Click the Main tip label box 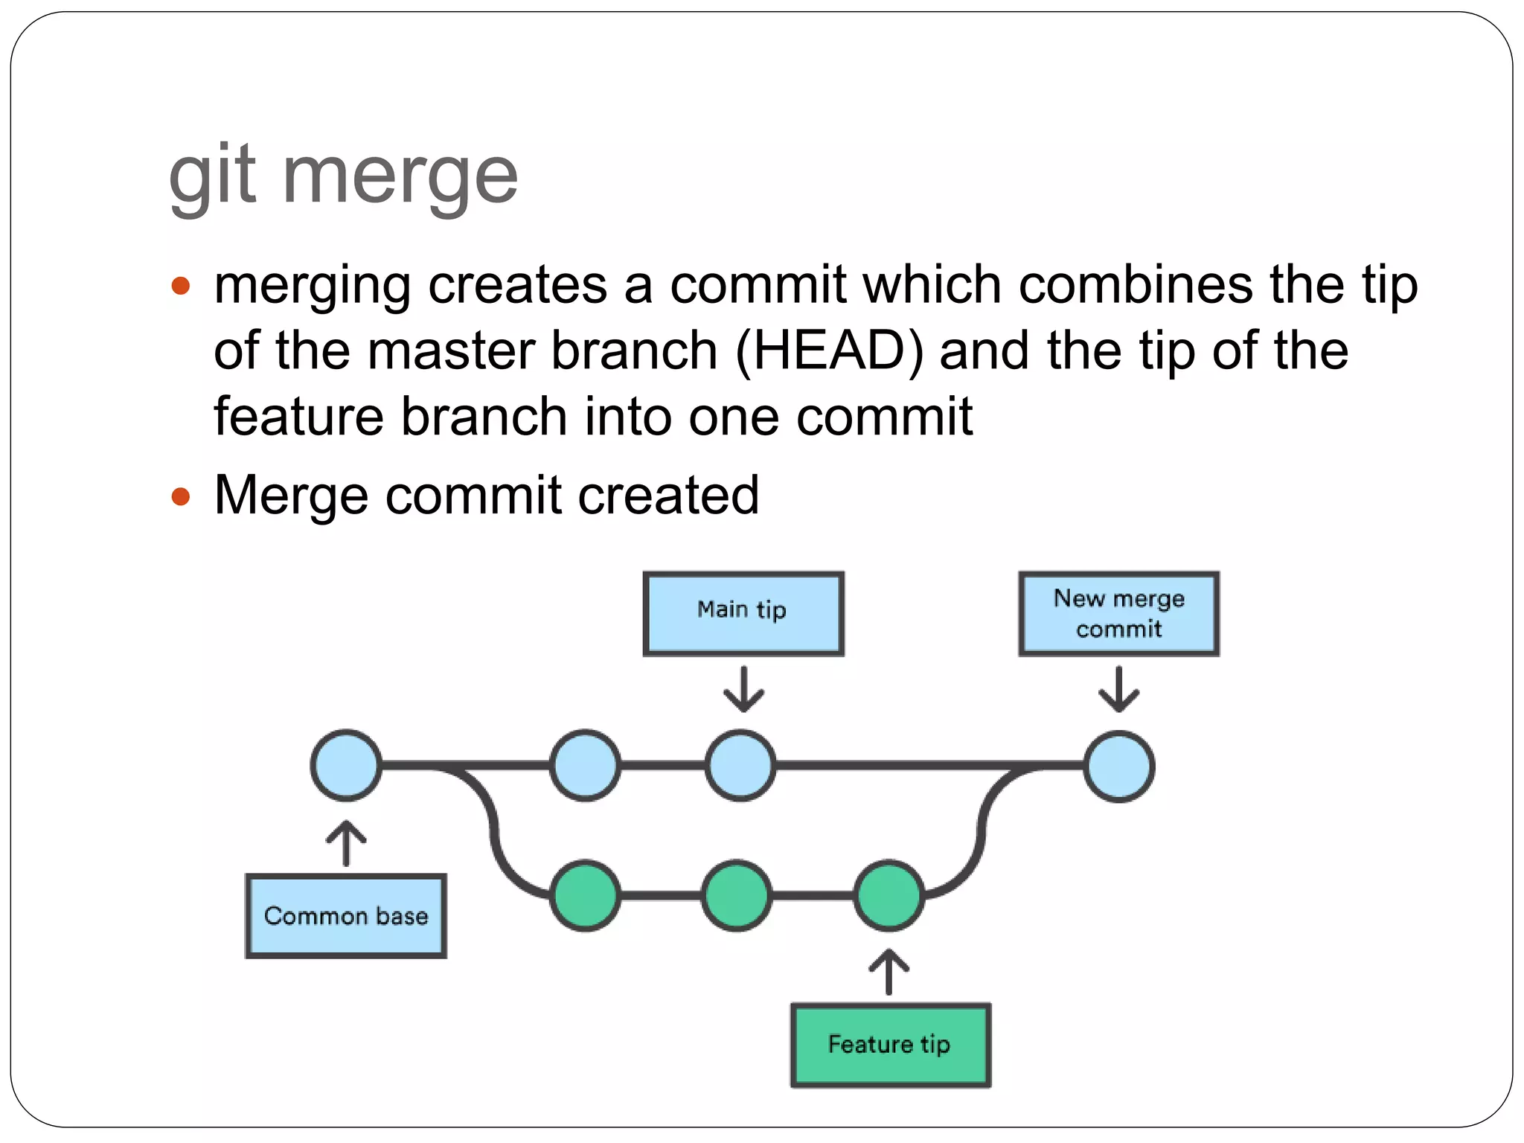[743, 613]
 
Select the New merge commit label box [1118, 613]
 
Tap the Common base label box [346, 916]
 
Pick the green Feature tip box [890, 1045]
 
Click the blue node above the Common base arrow [346, 765]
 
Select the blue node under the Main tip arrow [740, 765]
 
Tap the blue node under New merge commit [1118, 766]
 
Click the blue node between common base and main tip [585, 765]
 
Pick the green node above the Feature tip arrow [889, 895]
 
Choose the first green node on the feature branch [585, 895]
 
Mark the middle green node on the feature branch [737, 895]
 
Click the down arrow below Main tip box [743, 689]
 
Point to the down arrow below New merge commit [1118, 689]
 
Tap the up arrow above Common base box [346, 844]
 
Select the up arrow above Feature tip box [889, 972]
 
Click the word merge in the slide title [400, 177]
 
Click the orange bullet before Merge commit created [181, 496]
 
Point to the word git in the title [213, 177]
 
